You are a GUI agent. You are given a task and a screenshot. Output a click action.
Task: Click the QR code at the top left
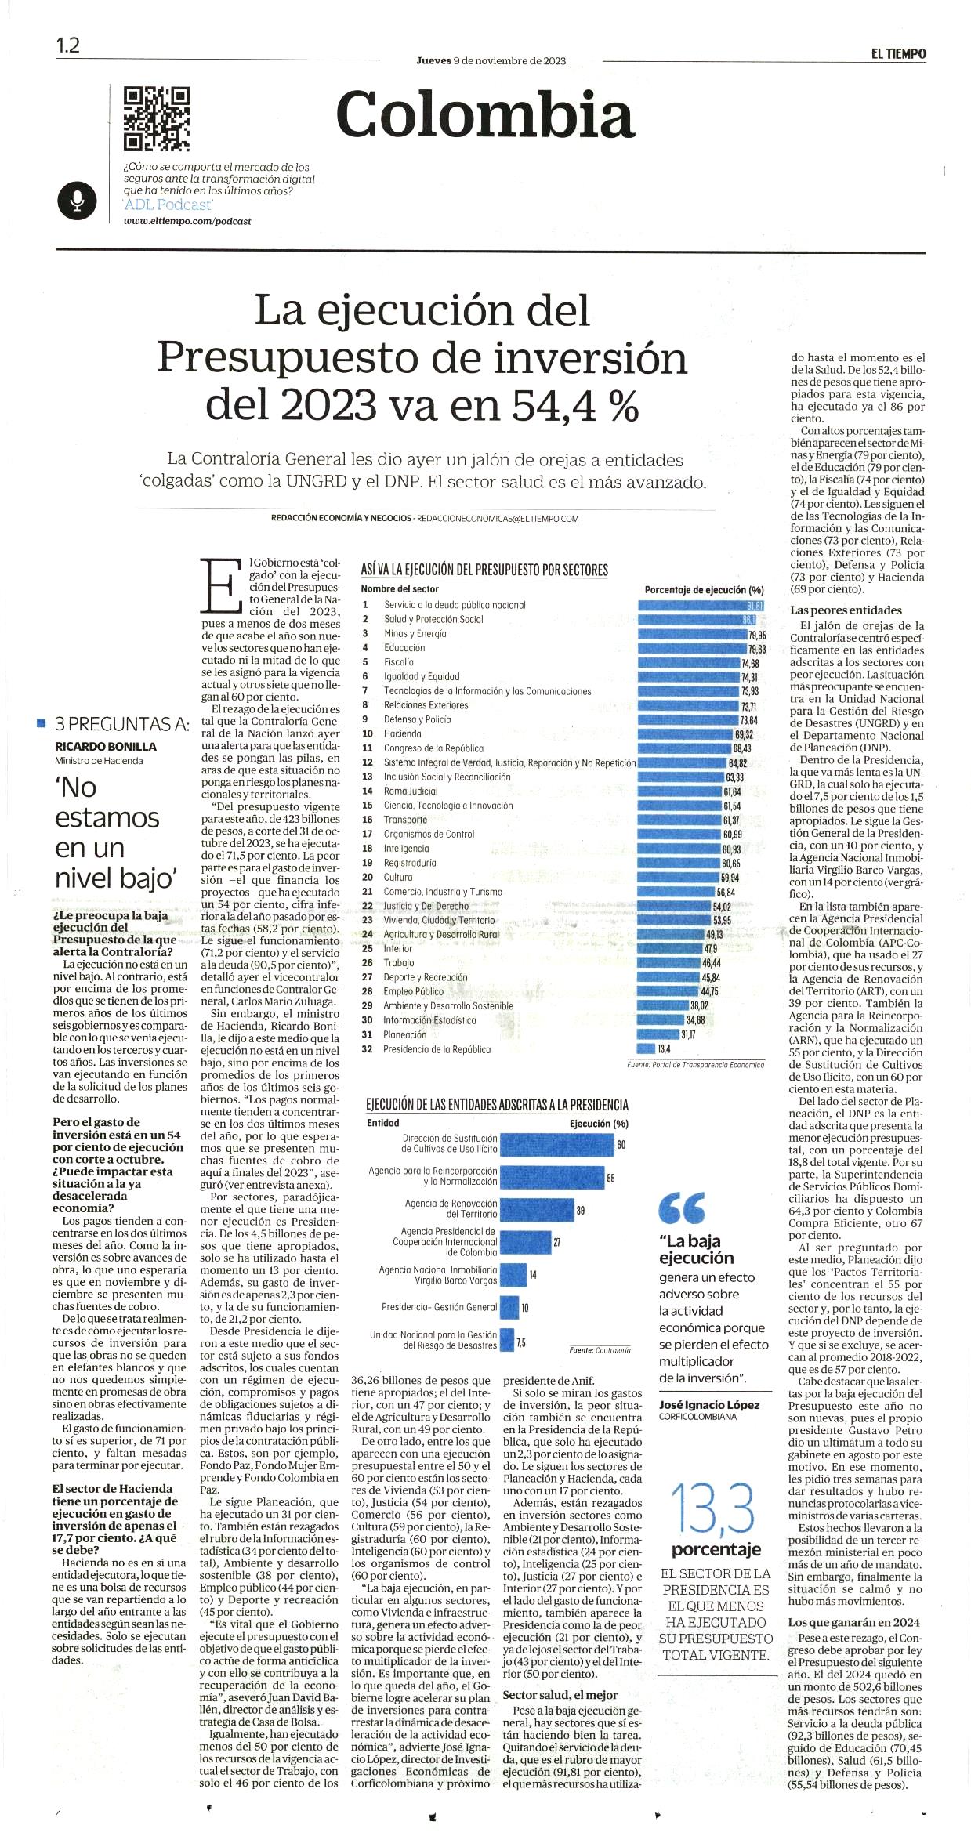pos(157,118)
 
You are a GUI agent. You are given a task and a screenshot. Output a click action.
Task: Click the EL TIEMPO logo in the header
pos(898,53)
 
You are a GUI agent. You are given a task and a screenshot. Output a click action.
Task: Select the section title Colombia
pos(484,115)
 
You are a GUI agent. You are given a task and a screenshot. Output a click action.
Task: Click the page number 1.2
pos(67,45)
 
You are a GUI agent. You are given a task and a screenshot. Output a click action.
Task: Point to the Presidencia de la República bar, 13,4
pos(647,1048)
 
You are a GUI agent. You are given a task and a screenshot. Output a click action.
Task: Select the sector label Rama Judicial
pos(411,791)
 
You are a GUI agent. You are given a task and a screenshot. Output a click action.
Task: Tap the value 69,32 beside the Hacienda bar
pos(744,734)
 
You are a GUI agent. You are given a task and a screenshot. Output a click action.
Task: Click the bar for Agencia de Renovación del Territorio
pos(537,1210)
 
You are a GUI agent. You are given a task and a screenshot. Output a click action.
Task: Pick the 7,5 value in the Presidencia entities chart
pos(521,1342)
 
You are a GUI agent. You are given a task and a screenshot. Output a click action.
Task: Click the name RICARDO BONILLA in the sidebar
pos(106,747)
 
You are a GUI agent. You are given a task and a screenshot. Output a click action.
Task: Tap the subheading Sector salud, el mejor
pos(560,1695)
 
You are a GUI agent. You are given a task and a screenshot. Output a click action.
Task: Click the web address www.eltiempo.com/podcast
pos(187,221)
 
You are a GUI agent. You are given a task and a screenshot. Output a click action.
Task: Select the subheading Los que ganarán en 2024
pos(854,1622)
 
